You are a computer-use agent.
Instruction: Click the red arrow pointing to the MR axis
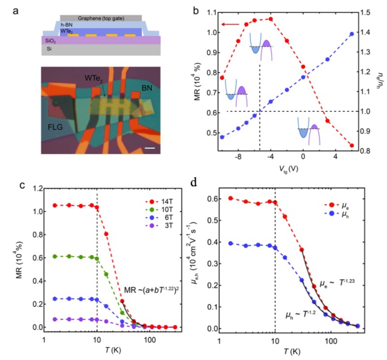coord(230,24)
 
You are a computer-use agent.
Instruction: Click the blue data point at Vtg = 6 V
coord(352,34)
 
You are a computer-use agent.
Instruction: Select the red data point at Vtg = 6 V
coord(352,146)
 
